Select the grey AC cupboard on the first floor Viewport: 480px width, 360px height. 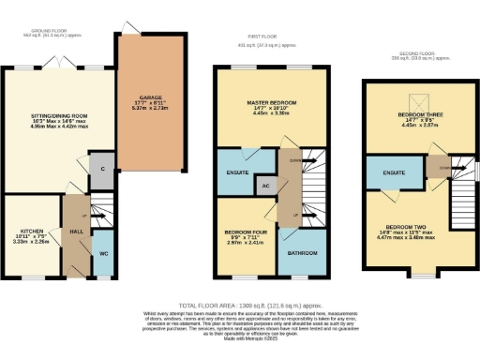[x=266, y=186]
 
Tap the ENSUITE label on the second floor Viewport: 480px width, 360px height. [x=385, y=172]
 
